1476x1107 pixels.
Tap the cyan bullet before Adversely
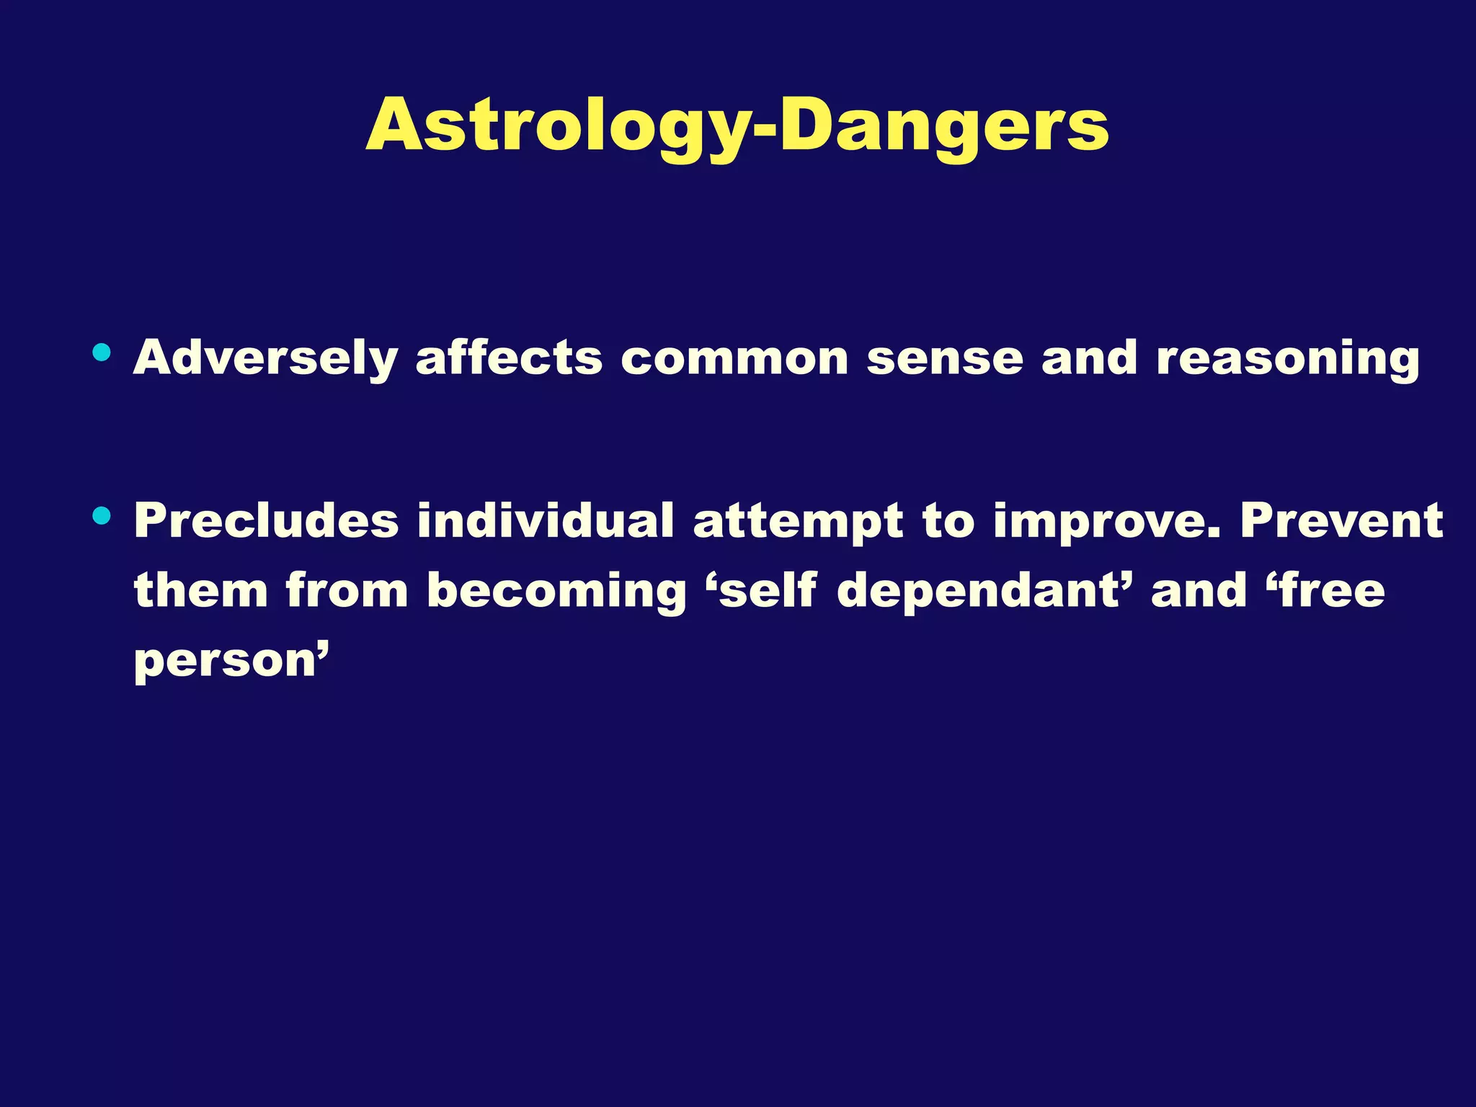point(102,352)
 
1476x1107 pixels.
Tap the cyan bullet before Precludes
point(102,515)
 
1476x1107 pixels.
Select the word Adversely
point(265,358)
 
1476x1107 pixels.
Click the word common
point(734,358)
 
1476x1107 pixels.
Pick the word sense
point(944,358)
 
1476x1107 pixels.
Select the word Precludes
point(266,520)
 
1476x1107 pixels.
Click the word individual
point(546,520)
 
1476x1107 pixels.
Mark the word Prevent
point(1341,520)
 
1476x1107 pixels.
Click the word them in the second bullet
point(200,590)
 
